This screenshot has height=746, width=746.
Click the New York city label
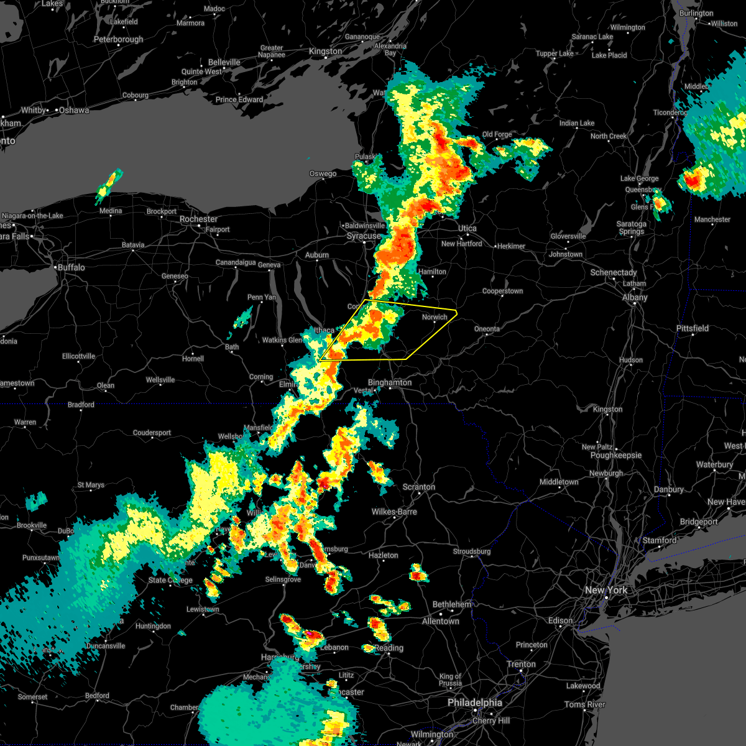[x=606, y=590]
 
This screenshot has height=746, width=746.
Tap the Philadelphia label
[x=474, y=702]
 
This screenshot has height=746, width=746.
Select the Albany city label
[x=635, y=297]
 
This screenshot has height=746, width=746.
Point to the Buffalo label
[x=71, y=267]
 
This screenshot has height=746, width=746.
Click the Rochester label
[x=198, y=219]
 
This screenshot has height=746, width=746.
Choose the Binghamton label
[x=390, y=382]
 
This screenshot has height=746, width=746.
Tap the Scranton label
[x=418, y=487]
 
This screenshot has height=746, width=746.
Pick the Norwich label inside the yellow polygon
[x=435, y=317]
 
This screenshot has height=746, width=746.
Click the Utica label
[x=467, y=228]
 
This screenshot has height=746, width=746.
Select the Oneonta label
[x=487, y=329]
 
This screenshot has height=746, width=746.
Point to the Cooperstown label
[x=502, y=291]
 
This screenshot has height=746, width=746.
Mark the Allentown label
[x=440, y=621]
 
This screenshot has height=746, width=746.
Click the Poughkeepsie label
[x=616, y=455]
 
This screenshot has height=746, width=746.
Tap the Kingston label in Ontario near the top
[x=325, y=51]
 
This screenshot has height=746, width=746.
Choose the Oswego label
[x=323, y=173]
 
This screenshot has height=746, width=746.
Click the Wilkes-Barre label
[x=394, y=512]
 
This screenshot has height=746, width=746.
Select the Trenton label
[x=521, y=664]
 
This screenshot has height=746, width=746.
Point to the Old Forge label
[x=497, y=134]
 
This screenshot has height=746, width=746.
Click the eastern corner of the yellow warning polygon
[x=457, y=313]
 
